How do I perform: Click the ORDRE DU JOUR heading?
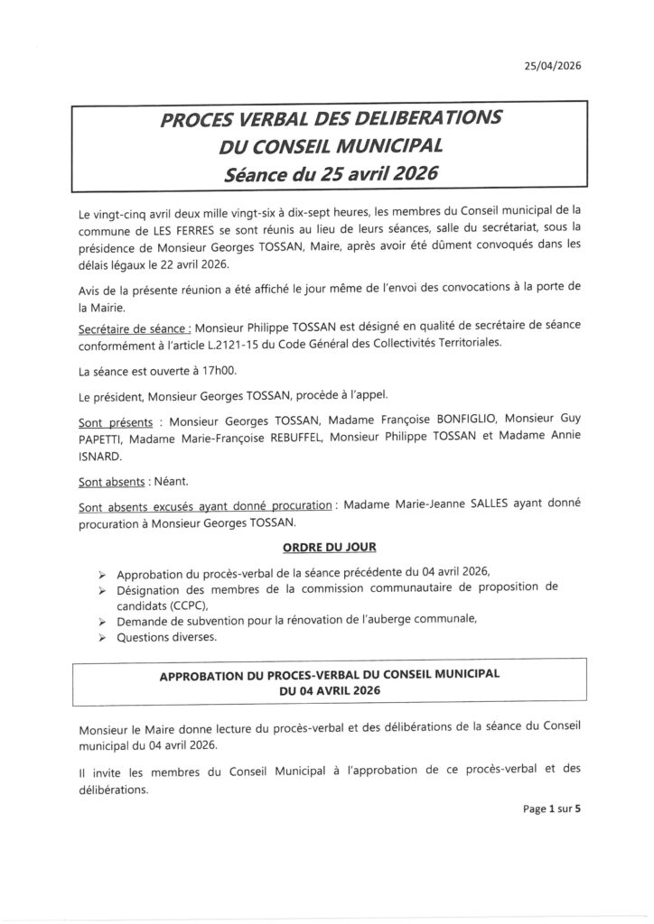(x=329, y=547)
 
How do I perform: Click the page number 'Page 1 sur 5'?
(x=550, y=809)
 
